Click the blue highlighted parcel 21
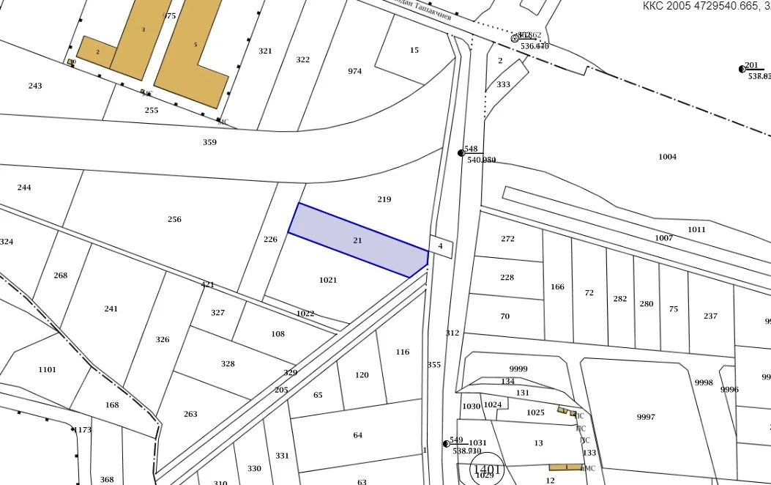click(357, 240)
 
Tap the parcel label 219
click(384, 199)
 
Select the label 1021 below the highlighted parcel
click(328, 280)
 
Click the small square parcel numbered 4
click(441, 246)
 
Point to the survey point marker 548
click(461, 153)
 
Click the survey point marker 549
click(446, 444)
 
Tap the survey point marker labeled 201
click(742, 69)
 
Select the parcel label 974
click(355, 71)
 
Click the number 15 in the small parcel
click(414, 51)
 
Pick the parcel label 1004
click(667, 157)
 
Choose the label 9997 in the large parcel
click(646, 417)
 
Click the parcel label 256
click(174, 219)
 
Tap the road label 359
click(209, 142)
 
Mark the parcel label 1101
click(47, 369)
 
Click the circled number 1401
click(487, 470)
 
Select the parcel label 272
click(507, 239)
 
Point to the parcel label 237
click(710, 316)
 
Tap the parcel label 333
click(503, 84)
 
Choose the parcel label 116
click(403, 352)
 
